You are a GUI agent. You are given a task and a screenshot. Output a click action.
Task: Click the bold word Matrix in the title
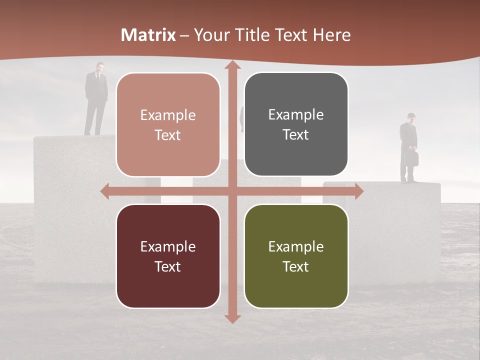[x=148, y=35]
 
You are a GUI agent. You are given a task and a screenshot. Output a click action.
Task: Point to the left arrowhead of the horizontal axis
[x=105, y=191]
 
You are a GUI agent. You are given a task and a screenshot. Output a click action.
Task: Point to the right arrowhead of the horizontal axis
[x=359, y=191]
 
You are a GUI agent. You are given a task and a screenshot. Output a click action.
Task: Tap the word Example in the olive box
[x=296, y=246]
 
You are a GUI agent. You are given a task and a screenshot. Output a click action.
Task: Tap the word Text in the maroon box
[x=168, y=266]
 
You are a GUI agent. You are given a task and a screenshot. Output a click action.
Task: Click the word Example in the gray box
[x=296, y=115]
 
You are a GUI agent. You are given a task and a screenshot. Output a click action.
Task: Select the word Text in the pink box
[x=168, y=135]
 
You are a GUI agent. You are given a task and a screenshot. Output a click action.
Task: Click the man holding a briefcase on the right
[x=408, y=147]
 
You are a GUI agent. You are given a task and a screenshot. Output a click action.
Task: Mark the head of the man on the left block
[x=99, y=66]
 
